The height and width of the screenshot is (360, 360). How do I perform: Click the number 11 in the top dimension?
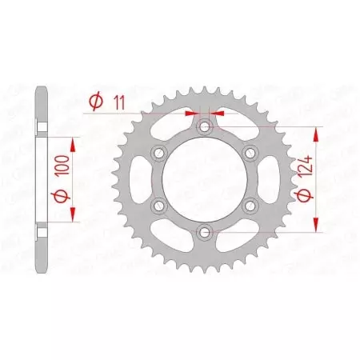point(118,102)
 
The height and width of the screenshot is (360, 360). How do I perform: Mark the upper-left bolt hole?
point(159,154)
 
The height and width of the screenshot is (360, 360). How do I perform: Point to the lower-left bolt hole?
point(159,206)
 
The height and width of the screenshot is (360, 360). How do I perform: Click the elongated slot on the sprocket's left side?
point(146,180)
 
